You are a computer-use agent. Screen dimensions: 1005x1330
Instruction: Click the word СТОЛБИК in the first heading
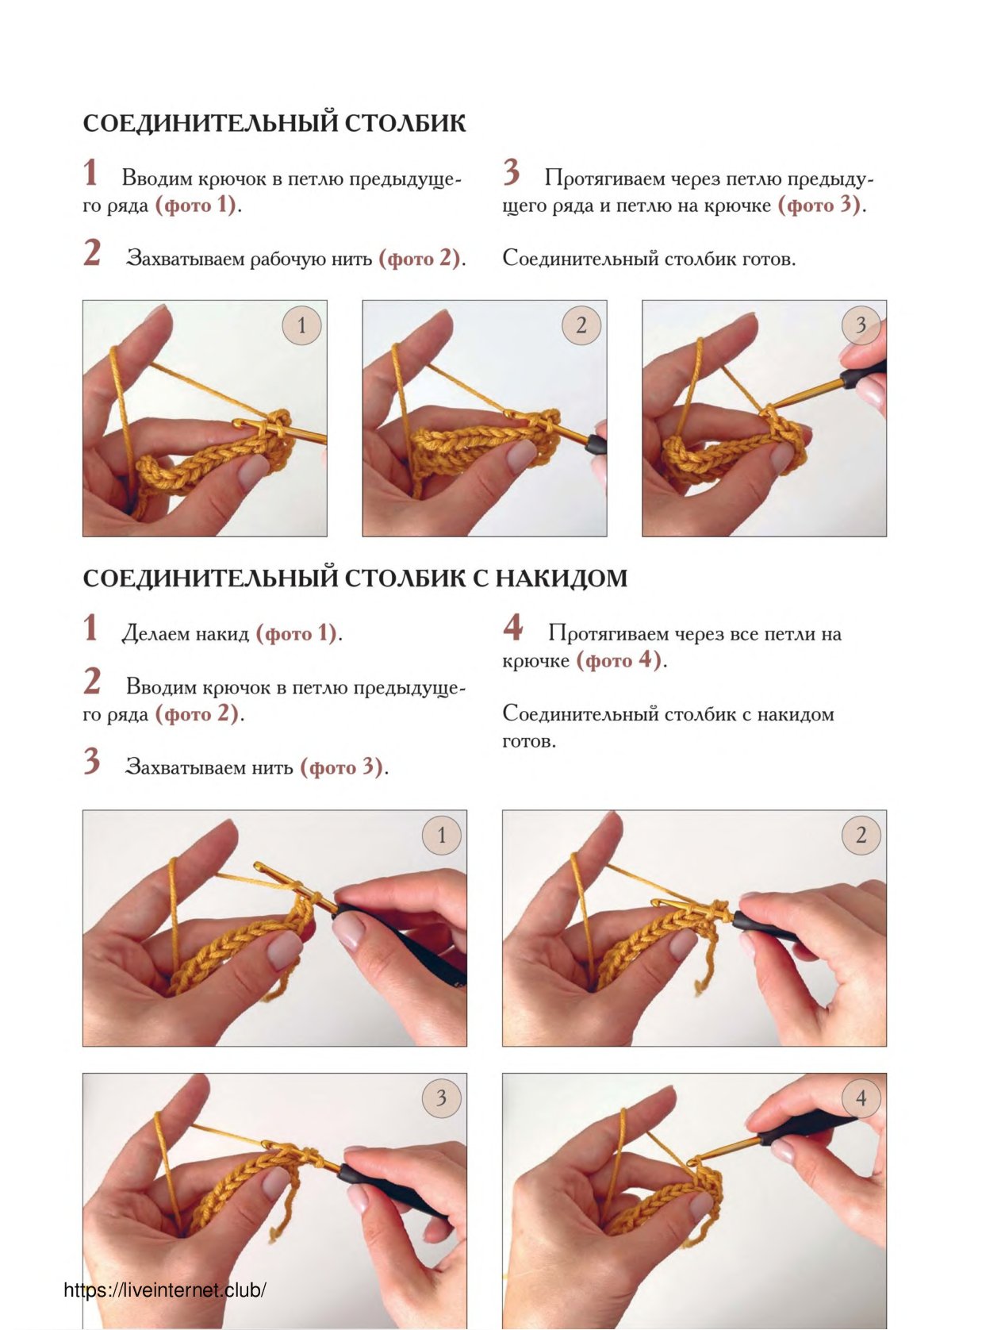tap(405, 123)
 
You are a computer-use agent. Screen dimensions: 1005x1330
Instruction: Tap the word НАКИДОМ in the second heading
tap(562, 578)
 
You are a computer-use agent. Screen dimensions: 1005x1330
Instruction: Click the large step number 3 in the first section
tap(512, 173)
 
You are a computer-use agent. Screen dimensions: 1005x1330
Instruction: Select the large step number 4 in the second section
tap(512, 627)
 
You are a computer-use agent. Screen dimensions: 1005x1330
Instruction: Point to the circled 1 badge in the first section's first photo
tap(301, 325)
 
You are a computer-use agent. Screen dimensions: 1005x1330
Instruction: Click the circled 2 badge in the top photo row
tap(581, 325)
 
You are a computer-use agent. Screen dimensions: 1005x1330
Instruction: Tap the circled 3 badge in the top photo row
tap(861, 325)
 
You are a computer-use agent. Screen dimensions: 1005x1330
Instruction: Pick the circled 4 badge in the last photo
tap(861, 1098)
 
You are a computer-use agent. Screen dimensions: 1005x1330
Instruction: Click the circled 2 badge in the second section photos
tap(861, 836)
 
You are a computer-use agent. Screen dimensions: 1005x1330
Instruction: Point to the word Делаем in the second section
tap(154, 634)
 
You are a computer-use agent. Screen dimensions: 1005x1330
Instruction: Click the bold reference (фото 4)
tap(618, 660)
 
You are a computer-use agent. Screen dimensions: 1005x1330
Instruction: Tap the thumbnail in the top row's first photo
tap(252, 472)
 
